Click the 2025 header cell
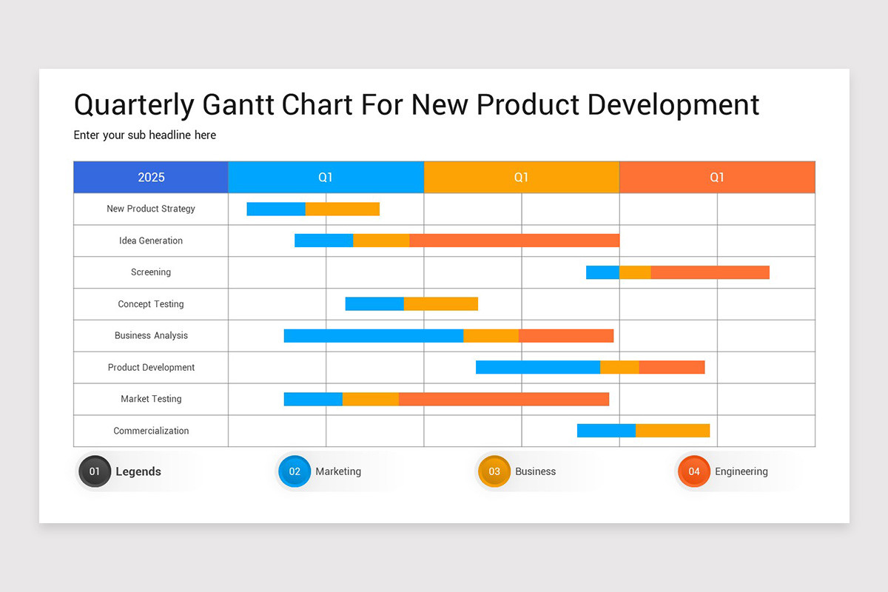click(151, 178)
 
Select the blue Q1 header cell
click(326, 178)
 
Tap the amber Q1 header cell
click(521, 178)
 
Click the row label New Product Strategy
click(151, 209)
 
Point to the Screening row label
click(151, 272)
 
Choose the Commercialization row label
click(151, 431)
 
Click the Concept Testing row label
click(151, 304)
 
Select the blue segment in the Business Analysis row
click(374, 336)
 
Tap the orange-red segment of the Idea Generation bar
click(514, 240)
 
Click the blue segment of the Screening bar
click(602, 272)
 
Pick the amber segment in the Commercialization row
click(673, 431)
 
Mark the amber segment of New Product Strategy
click(343, 209)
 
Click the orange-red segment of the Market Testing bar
click(504, 399)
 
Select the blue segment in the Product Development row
click(538, 367)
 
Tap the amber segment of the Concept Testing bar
click(441, 303)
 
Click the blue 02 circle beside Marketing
click(295, 471)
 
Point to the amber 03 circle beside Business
click(494, 471)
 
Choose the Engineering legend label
click(741, 471)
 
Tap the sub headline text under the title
click(145, 135)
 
